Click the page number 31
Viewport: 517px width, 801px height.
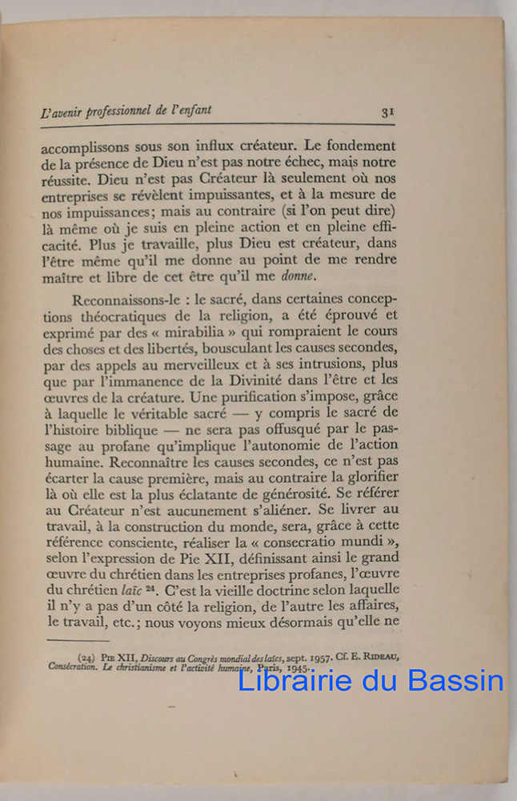click(x=387, y=112)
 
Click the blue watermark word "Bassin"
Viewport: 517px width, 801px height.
click(x=455, y=681)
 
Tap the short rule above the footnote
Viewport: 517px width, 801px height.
click(x=78, y=641)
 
